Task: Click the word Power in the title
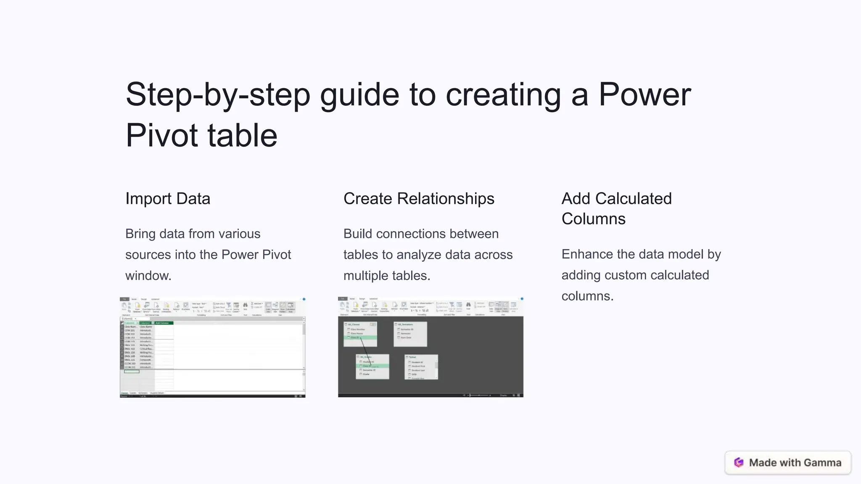tap(644, 95)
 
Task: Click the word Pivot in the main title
tap(162, 136)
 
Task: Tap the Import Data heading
tap(168, 199)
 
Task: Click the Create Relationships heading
tap(419, 199)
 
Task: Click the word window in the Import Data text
tap(148, 276)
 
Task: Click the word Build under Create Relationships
tap(358, 234)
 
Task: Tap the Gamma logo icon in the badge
tap(739, 463)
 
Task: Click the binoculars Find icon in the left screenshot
tap(245, 305)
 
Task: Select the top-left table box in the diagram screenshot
tap(360, 334)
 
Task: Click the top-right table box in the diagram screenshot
tap(410, 334)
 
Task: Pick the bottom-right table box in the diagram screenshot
tap(421, 367)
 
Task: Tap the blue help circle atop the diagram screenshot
tap(522, 299)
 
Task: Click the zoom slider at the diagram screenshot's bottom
tap(479, 395)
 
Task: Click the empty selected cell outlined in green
tap(132, 371)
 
